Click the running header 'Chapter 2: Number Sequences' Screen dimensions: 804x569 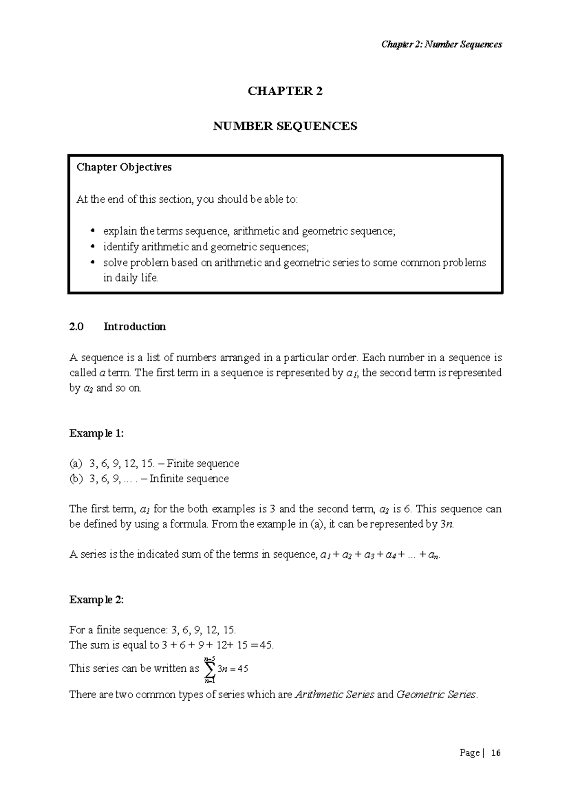441,45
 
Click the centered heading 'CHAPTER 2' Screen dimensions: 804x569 285,91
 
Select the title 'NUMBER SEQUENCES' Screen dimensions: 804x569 285,126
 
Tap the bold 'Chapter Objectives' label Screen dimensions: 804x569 124,167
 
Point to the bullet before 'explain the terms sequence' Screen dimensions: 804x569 92,231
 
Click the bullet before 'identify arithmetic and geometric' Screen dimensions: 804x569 92,247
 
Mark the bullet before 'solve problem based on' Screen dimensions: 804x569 92,263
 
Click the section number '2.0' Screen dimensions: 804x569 76,327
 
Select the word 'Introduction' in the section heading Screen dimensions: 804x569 135,327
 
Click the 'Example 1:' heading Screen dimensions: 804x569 97,433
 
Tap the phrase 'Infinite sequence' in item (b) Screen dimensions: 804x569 189,479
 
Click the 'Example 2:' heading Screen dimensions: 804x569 97,600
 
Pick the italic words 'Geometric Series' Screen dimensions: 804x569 436,695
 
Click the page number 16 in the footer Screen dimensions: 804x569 496,753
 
